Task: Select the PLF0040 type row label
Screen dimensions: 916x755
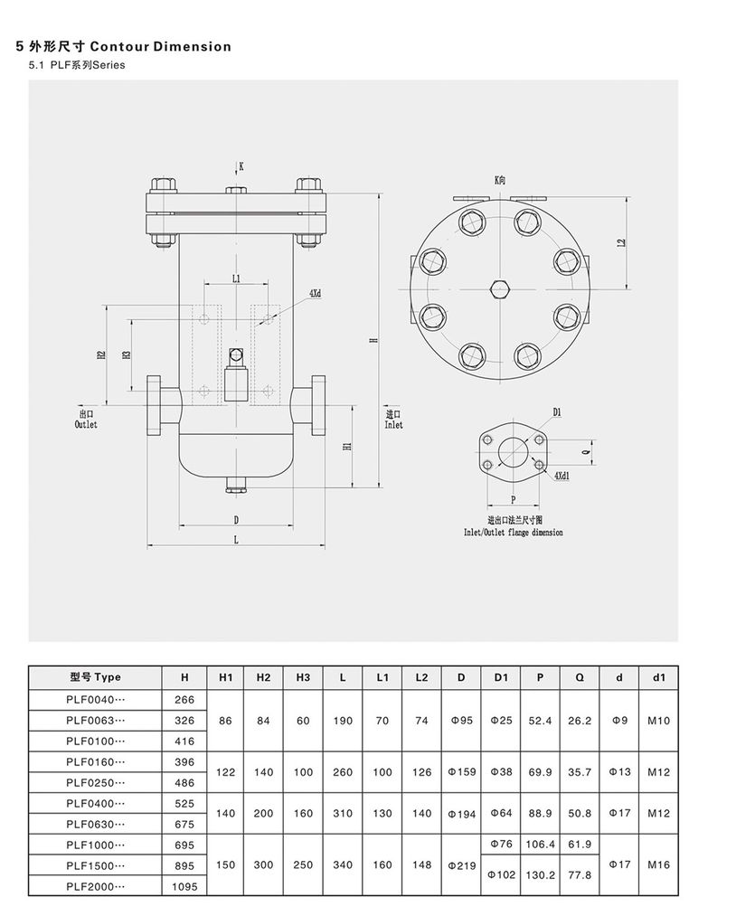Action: [95, 700]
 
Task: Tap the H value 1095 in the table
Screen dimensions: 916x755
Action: [184, 887]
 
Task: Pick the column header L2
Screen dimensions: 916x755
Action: [421, 677]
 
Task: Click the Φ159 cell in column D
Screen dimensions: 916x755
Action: [461, 772]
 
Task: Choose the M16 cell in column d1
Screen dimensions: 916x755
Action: [658, 864]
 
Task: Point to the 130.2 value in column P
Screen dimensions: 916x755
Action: [539, 875]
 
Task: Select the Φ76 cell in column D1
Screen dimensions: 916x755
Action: [501, 844]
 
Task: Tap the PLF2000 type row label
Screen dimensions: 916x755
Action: [95, 887]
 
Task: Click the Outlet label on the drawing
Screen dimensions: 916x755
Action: [86, 424]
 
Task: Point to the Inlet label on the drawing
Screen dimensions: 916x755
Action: [394, 424]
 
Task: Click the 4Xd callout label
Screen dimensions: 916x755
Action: [316, 294]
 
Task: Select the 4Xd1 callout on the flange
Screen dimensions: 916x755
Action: [562, 476]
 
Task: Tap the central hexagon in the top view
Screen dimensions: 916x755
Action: [500, 289]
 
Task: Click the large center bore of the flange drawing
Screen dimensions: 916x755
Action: [513, 451]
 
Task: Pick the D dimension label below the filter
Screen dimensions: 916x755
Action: [236, 520]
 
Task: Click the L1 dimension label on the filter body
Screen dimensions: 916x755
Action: [236, 279]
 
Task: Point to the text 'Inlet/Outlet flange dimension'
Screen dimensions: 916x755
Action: [514, 533]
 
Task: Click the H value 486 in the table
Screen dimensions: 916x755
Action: [184, 782]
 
